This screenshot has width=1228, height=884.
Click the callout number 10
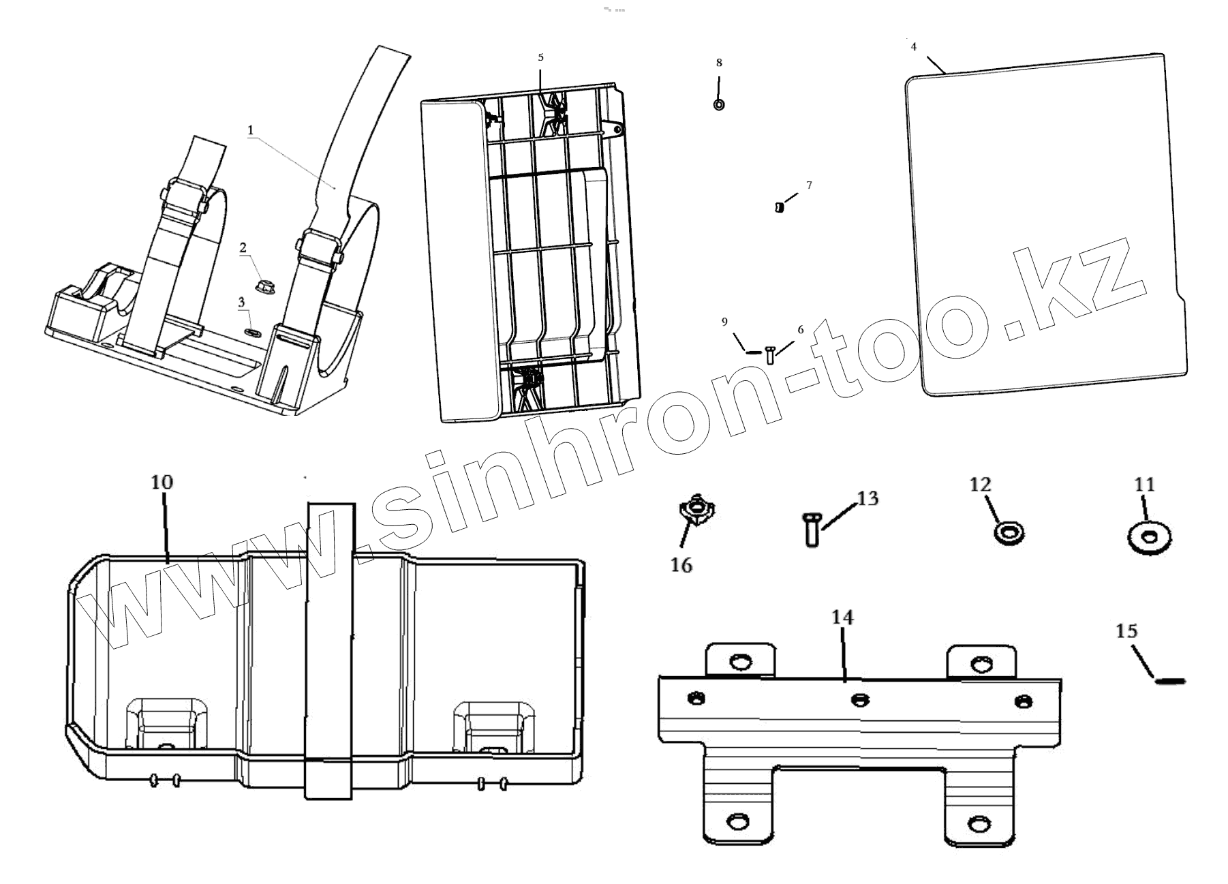162,482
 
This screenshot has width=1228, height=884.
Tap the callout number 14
842,618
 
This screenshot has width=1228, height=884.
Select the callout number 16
681,565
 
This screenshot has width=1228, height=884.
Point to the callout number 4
914,47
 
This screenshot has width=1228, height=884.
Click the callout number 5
541,58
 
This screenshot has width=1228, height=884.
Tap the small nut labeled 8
719,105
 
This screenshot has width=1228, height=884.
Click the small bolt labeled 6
771,354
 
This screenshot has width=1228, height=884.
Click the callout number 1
251,129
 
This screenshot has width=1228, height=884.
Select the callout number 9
725,322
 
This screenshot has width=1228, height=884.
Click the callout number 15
1127,631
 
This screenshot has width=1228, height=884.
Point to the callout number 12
980,485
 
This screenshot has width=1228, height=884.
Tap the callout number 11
1145,485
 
